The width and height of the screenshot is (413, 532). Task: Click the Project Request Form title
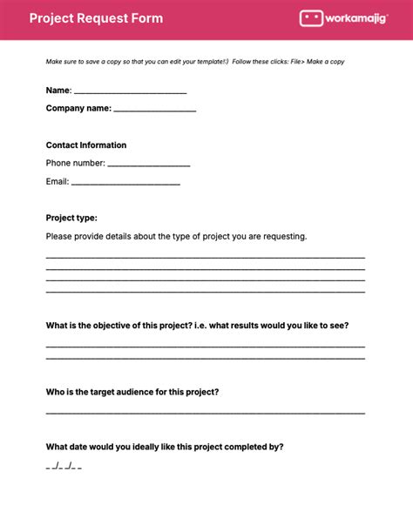point(96,18)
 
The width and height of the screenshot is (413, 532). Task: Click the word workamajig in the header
point(360,18)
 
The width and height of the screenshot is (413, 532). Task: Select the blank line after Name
point(130,91)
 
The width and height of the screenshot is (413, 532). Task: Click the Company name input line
point(154,110)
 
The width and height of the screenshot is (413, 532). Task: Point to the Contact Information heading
point(86,145)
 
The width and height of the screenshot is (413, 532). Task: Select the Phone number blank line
point(148,164)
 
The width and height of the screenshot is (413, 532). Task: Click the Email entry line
point(125,183)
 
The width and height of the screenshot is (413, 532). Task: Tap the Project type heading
point(71,218)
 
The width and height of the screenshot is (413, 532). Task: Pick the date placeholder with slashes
point(64,467)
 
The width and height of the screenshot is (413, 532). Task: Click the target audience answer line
point(205,411)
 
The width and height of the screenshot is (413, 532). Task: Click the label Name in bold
point(58,91)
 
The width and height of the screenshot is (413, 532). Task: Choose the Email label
point(57,182)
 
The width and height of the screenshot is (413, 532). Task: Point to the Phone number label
point(75,163)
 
